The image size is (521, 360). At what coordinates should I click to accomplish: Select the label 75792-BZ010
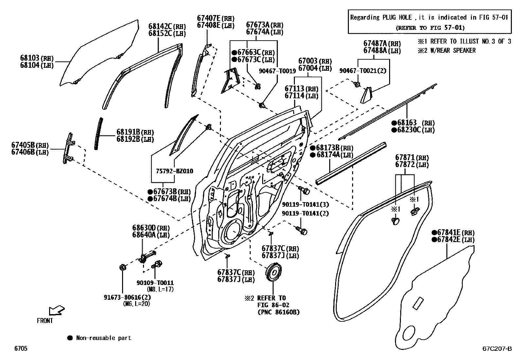point(174,171)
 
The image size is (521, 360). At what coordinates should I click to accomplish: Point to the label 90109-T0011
point(155,283)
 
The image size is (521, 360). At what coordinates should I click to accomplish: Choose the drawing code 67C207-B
point(497,349)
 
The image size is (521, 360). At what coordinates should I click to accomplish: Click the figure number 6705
point(21,349)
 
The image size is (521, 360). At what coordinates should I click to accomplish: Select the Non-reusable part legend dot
point(70,338)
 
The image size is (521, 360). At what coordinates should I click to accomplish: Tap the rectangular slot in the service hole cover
point(418,303)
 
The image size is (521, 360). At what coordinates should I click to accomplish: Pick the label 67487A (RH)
point(382,44)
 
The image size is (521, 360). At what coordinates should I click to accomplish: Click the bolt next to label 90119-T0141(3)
point(304,190)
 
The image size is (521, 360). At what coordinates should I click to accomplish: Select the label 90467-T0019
point(277,70)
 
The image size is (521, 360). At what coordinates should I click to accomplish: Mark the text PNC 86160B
point(278,312)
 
